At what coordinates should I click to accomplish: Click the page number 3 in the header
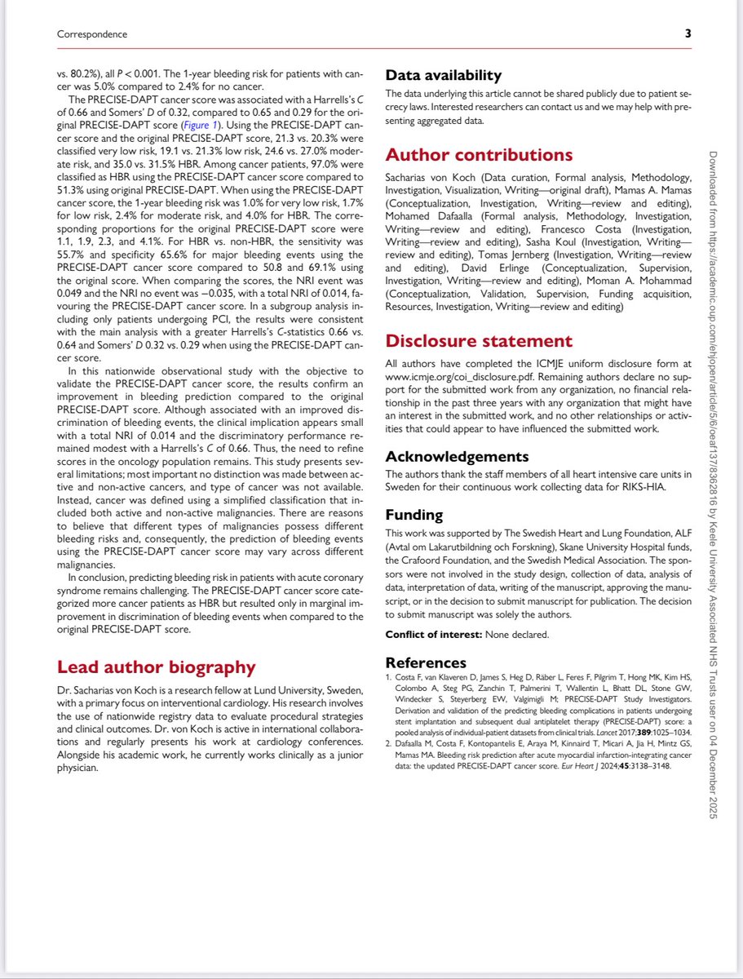point(688,34)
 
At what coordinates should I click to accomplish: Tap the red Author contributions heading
point(479,155)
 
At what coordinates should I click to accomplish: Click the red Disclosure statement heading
point(478,341)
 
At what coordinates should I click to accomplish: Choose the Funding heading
point(414,515)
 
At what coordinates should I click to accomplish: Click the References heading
point(426,662)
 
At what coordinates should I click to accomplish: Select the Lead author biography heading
point(156,667)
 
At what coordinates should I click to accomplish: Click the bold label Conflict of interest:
point(433,634)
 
